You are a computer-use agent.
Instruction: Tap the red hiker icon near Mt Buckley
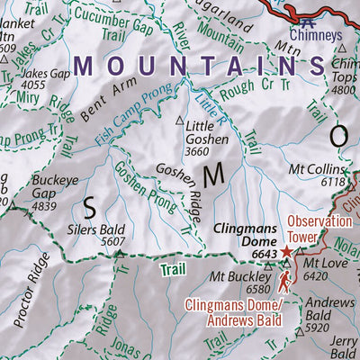tap(285, 283)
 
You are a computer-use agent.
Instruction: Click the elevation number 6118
tap(332, 182)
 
